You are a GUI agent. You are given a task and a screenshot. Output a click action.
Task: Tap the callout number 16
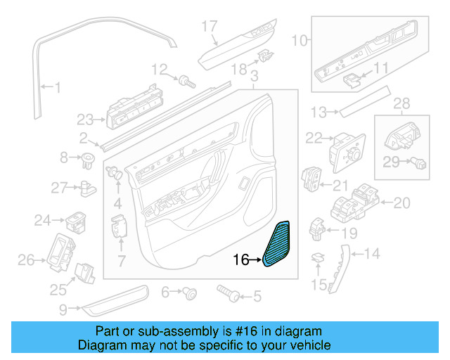click(x=240, y=260)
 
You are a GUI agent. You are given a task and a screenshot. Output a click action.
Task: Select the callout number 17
click(x=210, y=27)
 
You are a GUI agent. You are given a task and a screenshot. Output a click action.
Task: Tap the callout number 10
click(x=300, y=41)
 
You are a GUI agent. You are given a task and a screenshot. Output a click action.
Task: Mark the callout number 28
click(x=401, y=105)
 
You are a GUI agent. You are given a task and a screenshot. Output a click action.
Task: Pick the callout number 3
click(x=254, y=75)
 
